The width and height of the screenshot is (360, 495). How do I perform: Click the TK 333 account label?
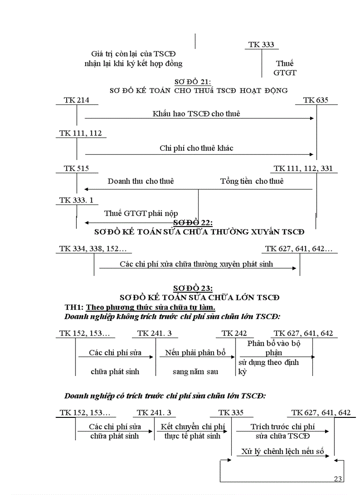click(x=261, y=45)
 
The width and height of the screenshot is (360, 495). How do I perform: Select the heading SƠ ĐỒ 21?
click(x=193, y=82)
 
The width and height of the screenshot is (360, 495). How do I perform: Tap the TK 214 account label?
click(x=76, y=100)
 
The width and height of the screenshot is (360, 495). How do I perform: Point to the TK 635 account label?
click(x=316, y=100)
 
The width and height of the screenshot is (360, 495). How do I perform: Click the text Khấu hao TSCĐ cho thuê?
click(x=196, y=113)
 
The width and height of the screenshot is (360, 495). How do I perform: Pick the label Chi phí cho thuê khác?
click(x=196, y=148)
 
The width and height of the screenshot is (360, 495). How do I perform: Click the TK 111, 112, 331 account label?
click(x=303, y=168)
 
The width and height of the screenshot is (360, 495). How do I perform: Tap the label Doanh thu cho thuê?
click(x=141, y=181)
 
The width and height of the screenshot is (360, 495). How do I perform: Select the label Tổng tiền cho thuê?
click(x=252, y=181)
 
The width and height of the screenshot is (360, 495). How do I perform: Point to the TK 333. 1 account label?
click(x=76, y=200)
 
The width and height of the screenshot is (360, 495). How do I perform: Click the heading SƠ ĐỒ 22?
click(x=193, y=223)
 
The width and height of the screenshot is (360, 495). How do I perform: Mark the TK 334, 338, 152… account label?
click(x=93, y=249)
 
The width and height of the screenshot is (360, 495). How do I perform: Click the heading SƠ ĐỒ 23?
click(x=193, y=288)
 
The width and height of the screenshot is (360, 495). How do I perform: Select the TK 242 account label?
click(x=234, y=333)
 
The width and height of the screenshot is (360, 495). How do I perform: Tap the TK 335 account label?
click(x=231, y=413)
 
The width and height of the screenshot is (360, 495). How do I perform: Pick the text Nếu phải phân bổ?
click(x=195, y=353)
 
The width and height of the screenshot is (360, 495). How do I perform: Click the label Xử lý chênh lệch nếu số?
click(x=283, y=451)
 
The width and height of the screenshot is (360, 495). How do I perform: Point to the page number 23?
click(x=338, y=479)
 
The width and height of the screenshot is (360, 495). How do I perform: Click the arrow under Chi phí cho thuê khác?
click(x=199, y=154)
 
